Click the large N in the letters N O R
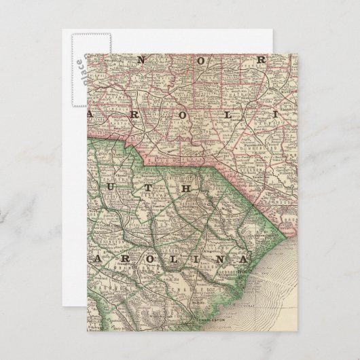coord(141,59)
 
